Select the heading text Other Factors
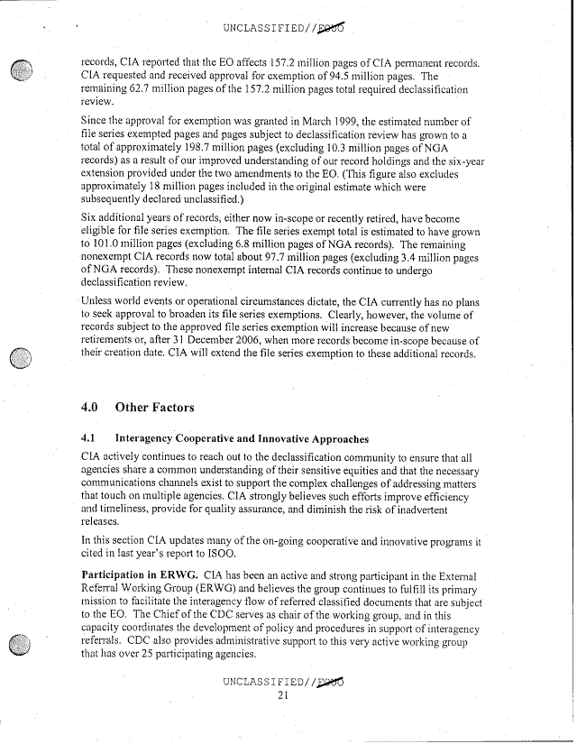155,407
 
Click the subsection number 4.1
89,439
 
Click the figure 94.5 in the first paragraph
371,78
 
